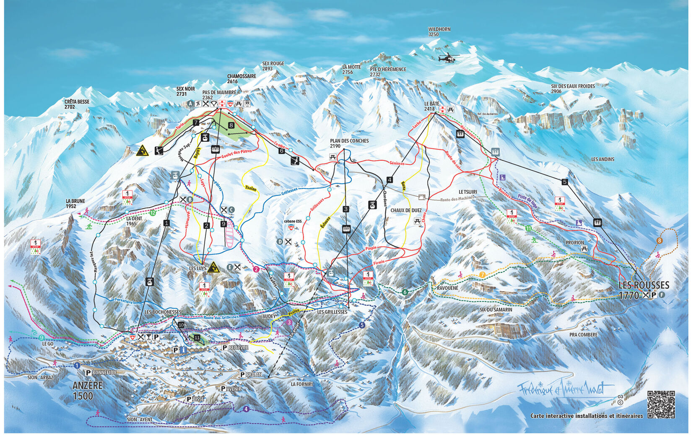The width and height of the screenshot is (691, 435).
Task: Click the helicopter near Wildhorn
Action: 448,58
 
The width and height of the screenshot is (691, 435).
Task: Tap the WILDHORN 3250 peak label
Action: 439,32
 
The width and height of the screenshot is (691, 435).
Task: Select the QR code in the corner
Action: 661,404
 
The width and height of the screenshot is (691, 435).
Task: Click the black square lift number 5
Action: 565,182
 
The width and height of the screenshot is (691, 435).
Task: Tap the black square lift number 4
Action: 390,180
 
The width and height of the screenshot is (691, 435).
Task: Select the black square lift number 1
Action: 167,223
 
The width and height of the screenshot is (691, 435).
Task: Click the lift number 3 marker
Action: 345,209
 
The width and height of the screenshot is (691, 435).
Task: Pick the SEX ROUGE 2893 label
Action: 273,66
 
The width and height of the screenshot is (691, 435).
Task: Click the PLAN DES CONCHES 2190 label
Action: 349,143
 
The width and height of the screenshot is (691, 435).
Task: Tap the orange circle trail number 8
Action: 660,241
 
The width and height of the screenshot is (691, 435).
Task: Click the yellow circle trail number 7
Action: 483,275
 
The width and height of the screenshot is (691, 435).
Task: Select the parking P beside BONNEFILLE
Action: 88,372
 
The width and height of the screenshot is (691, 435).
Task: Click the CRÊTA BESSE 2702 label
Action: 77,104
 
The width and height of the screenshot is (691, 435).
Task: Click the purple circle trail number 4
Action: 246,409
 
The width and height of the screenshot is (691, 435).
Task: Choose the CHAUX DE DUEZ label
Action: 406,210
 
